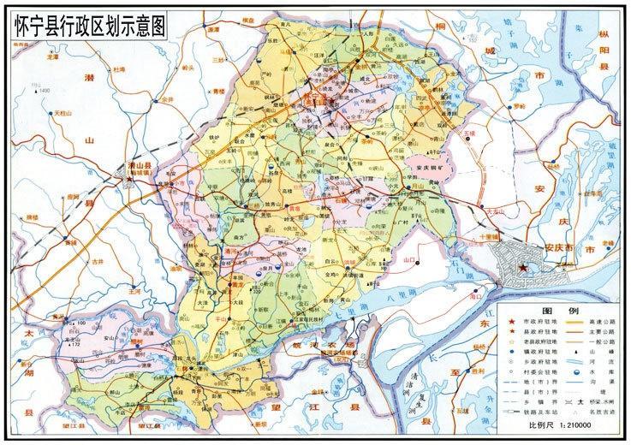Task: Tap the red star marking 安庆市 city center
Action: pyautogui.click(x=523, y=269)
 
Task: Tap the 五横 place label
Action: pyautogui.click(x=468, y=134)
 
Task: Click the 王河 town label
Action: pyautogui.click(x=134, y=291)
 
